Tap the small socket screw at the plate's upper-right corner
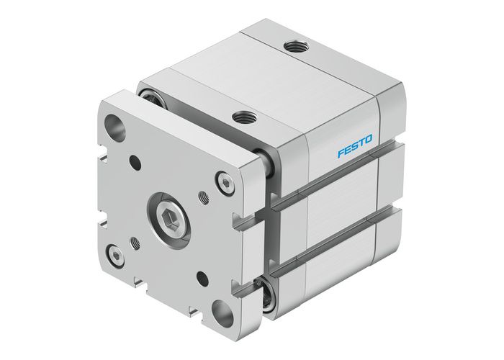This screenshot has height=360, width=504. (225, 185)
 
